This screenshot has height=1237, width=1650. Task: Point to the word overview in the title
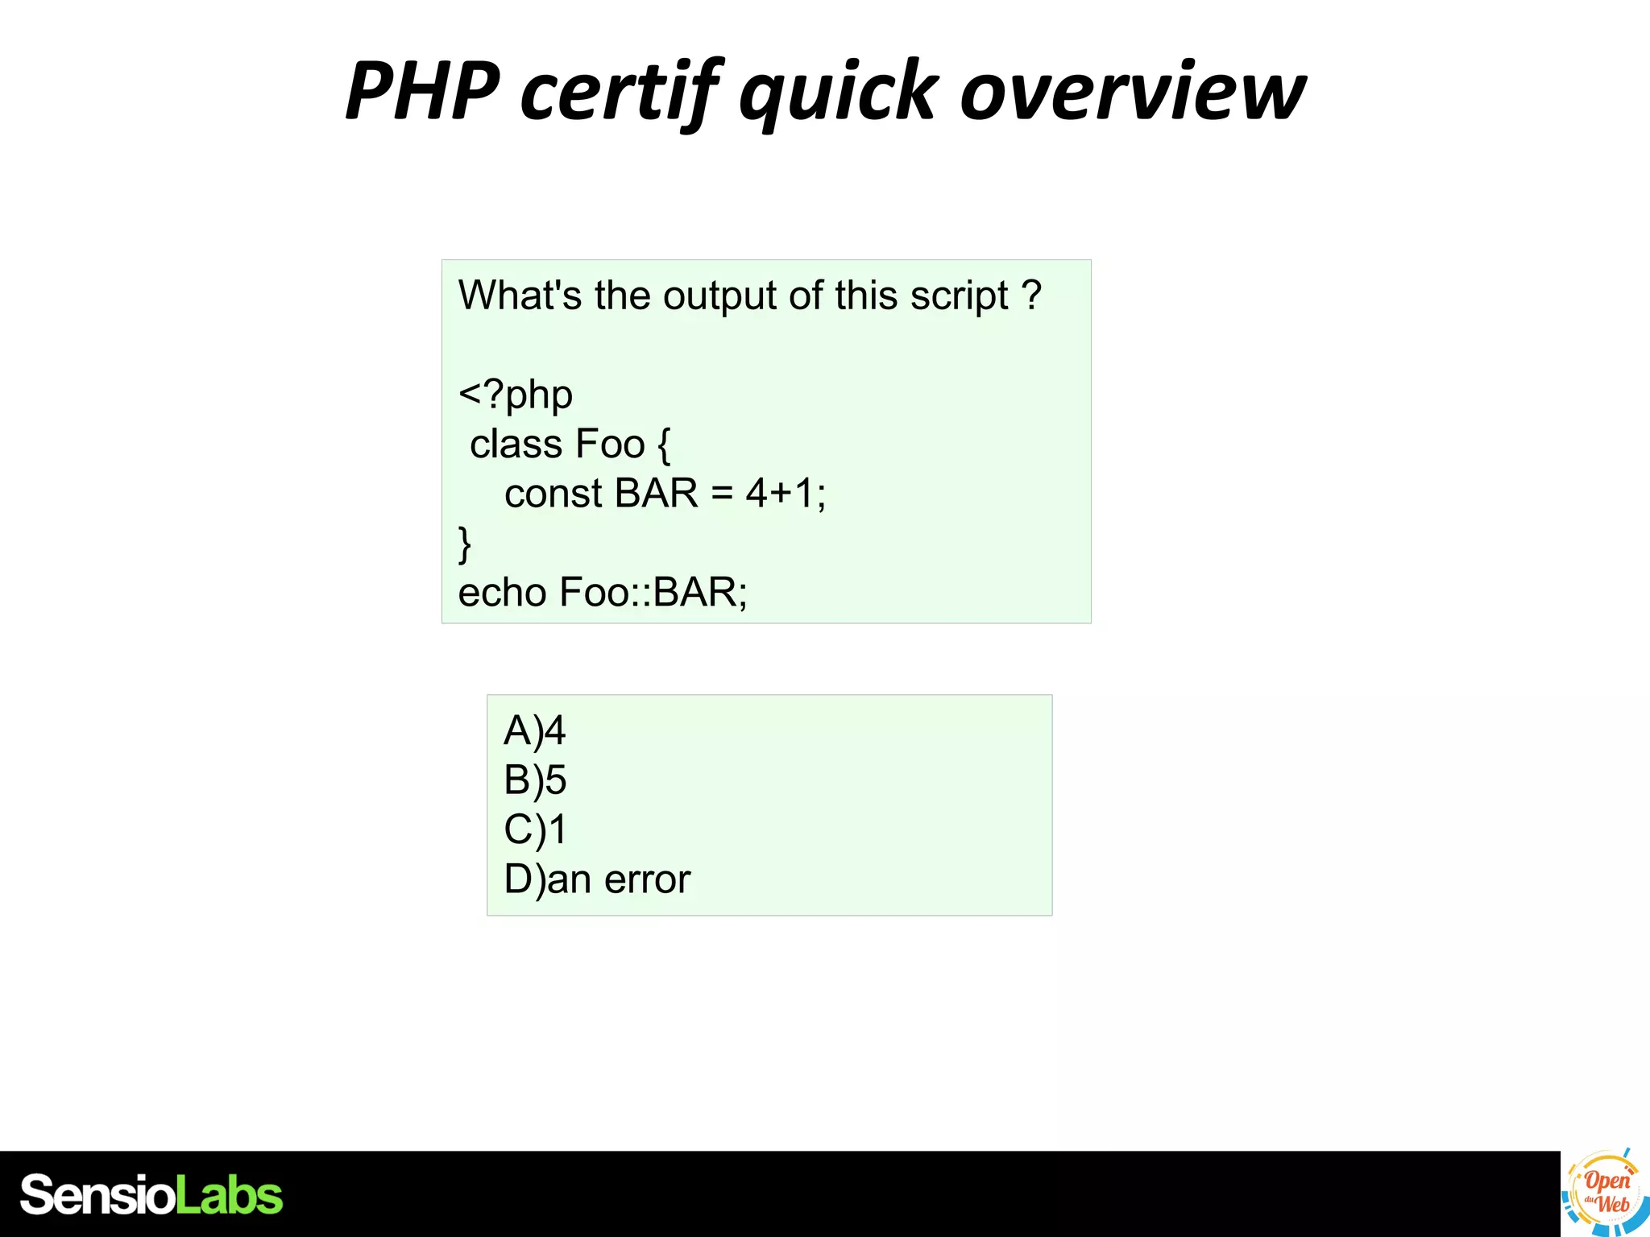pyautogui.click(x=1132, y=92)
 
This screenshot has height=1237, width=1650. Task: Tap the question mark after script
pyautogui.click(x=1031, y=296)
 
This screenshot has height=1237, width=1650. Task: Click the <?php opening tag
pyautogui.click(x=516, y=395)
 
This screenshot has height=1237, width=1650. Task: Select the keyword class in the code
pyautogui.click(x=516, y=445)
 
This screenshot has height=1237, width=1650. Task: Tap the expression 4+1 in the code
pyautogui.click(x=779, y=494)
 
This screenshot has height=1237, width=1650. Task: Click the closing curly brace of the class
pyautogui.click(x=465, y=544)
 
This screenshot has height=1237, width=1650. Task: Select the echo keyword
pyautogui.click(x=502, y=593)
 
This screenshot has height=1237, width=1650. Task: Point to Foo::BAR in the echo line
pyautogui.click(x=653, y=593)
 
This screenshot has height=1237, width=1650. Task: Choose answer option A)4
pyautogui.click(x=535, y=731)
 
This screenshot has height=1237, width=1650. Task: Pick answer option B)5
pyautogui.click(x=535, y=780)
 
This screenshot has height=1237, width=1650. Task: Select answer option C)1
pyautogui.click(x=535, y=829)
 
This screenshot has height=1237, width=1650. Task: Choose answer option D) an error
pyautogui.click(x=597, y=879)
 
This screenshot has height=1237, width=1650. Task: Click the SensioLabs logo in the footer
pyautogui.click(x=151, y=1195)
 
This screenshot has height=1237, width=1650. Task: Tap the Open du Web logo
pyautogui.click(x=1605, y=1193)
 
